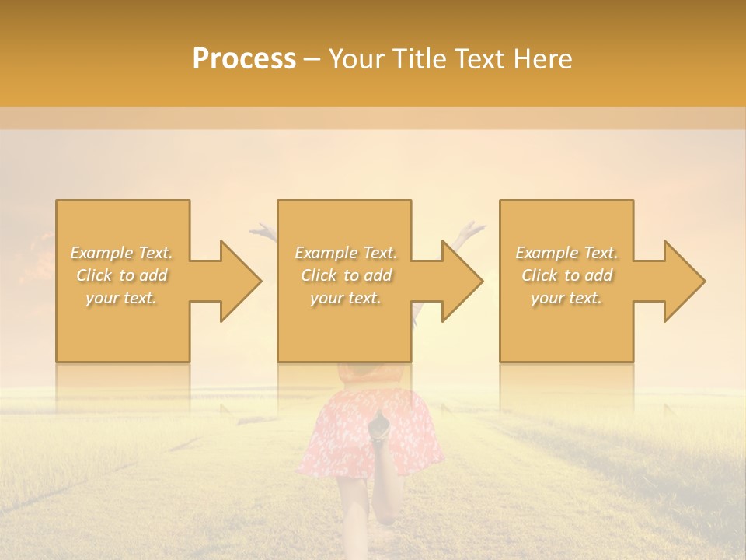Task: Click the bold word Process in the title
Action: pos(244,59)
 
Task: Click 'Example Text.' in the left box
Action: pos(122,253)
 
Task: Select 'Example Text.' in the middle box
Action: pos(346,253)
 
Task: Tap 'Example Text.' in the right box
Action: pos(566,253)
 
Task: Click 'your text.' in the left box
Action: pos(122,298)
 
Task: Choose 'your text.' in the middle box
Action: pos(346,298)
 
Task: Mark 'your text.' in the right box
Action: pos(566,298)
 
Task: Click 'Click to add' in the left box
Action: pos(122,275)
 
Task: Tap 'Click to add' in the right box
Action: pos(566,275)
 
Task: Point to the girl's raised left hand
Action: pos(262,229)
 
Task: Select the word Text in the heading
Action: pos(483,59)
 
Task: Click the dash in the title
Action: pos(312,60)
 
